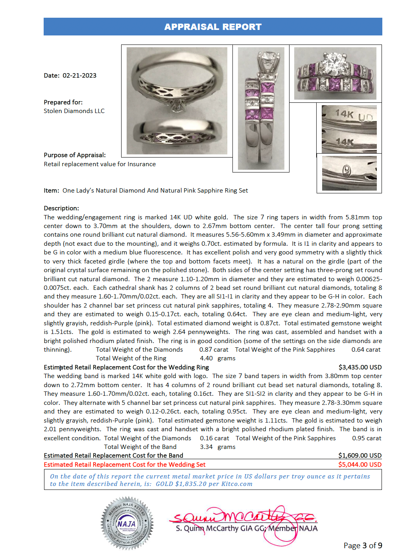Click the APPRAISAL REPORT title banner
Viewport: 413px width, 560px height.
coord(213,27)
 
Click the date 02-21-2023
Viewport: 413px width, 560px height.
coord(79,76)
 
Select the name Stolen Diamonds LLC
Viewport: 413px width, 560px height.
coord(74,111)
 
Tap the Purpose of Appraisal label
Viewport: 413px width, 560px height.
coord(75,155)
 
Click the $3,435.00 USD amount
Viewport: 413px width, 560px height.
coord(360,367)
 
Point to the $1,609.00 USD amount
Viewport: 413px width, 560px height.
coord(360,456)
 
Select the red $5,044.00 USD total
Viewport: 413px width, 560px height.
coord(360,465)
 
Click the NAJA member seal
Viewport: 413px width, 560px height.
coord(127,524)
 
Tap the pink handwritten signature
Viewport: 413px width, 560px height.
coord(244,517)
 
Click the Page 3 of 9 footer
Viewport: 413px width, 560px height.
coord(363,545)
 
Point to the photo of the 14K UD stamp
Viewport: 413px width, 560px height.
coord(349,128)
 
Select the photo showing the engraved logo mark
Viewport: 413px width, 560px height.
coord(349,173)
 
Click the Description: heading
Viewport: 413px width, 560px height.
coord(61,208)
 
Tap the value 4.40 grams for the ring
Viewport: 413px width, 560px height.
coord(218,358)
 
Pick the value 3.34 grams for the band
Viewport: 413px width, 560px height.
coord(218,447)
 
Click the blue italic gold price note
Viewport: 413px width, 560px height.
coord(210,480)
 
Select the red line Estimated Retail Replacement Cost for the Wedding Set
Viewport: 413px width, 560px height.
coord(125,465)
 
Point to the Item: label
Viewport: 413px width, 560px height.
coord(52,191)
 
